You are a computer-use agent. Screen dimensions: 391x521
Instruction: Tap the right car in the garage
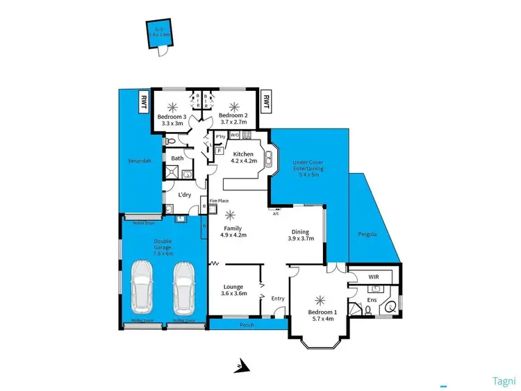[184, 287]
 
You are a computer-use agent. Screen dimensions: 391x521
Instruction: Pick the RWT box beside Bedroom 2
[265, 101]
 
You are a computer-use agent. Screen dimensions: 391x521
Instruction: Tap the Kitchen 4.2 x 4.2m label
[245, 158]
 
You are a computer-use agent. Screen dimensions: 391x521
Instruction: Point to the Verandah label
[139, 160]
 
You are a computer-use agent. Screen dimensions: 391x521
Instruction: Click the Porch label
[247, 325]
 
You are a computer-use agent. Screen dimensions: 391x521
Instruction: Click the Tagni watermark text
[504, 381]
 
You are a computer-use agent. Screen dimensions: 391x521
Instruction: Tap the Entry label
[278, 299]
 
